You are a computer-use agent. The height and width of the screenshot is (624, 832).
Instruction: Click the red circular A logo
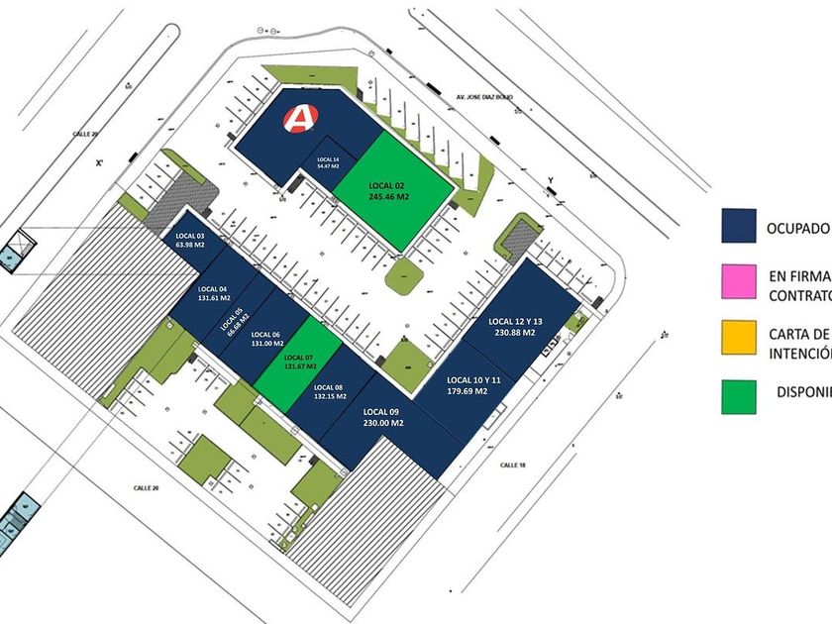(297, 119)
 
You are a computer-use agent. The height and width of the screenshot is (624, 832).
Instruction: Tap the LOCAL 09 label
(380, 411)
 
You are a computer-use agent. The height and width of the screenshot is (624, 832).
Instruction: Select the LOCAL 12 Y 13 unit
(516, 327)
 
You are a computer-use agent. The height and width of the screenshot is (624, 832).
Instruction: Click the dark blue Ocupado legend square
(739, 226)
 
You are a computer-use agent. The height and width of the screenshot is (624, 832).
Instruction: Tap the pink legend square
(739, 282)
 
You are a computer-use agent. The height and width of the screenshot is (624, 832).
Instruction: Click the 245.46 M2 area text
(389, 197)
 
